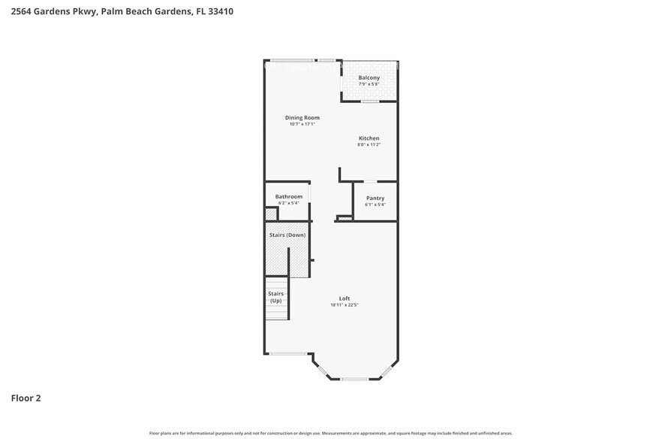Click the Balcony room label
click(x=369, y=77)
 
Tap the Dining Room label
click(x=302, y=117)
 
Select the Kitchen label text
click(x=369, y=138)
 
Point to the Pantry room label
click(x=375, y=198)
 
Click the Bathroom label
click(x=288, y=197)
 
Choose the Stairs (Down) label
click(x=287, y=235)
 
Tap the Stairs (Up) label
click(x=275, y=297)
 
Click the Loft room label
click(x=345, y=298)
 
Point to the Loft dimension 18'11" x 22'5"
click(x=345, y=305)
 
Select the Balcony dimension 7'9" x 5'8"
click(x=369, y=84)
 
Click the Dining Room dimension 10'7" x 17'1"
click(x=302, y=124)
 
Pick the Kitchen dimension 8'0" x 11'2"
click(x=369, y=145)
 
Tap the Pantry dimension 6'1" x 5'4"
click(x=375, y=205)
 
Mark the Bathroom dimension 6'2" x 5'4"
click(x=288, y=204)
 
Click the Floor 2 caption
click(x=26, y=398)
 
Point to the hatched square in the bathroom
click(x=271, y=214)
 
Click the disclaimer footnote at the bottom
click(x=331, y=434)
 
